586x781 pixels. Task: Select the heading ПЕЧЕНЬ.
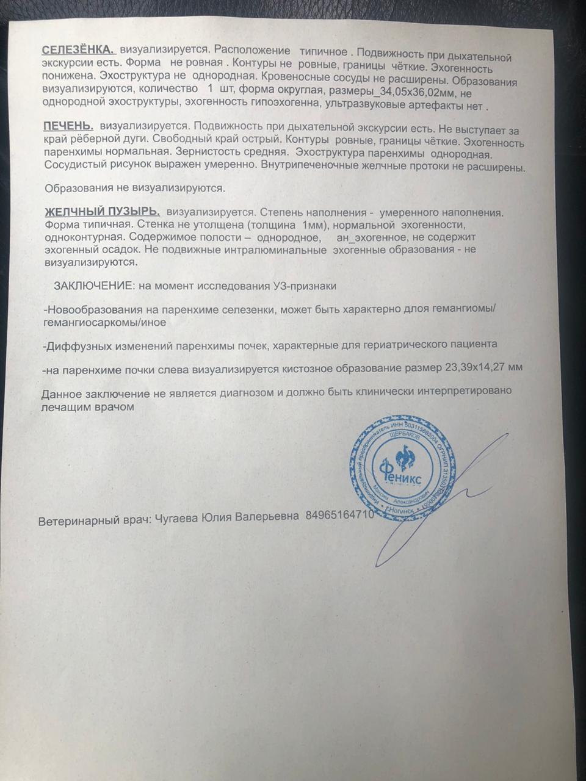tap(68, 126)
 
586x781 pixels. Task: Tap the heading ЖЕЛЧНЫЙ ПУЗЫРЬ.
tap(102, 212)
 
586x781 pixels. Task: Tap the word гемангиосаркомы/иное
tap(105, 322)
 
